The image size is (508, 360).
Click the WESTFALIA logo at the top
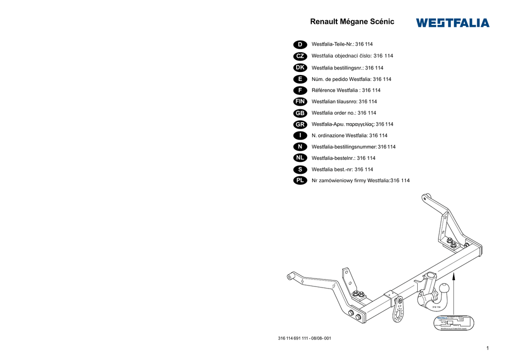(452, 23)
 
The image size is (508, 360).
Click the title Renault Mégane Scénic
(352, 22)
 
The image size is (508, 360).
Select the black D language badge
(300, 45)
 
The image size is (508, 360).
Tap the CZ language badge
(300, 56)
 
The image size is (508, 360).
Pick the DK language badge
(300, 68)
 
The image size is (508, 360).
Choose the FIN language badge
(300, 101)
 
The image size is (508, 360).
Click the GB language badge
(300, 113)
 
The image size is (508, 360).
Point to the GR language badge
(300, 124)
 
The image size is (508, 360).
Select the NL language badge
(300, 158)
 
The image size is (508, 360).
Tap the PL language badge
(300, 180)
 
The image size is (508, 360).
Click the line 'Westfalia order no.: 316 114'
(343, 113)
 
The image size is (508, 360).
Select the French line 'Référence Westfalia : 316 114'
(346, 90)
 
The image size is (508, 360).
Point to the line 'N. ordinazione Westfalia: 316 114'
(349, 136)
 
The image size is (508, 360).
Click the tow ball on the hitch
(444, 288)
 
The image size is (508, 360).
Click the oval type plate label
(453, 323)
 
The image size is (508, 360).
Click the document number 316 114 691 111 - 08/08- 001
(305, 339)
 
